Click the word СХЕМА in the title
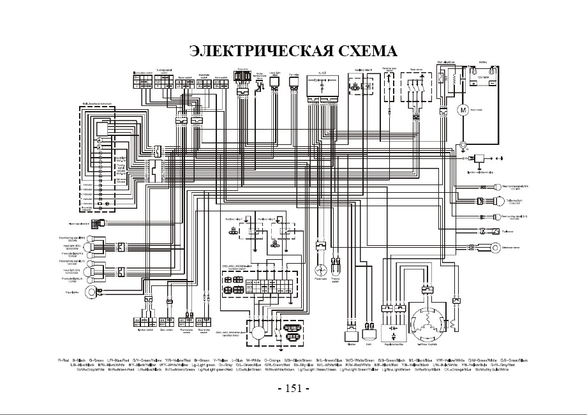pos(366,50)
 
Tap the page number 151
pos(293,388)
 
